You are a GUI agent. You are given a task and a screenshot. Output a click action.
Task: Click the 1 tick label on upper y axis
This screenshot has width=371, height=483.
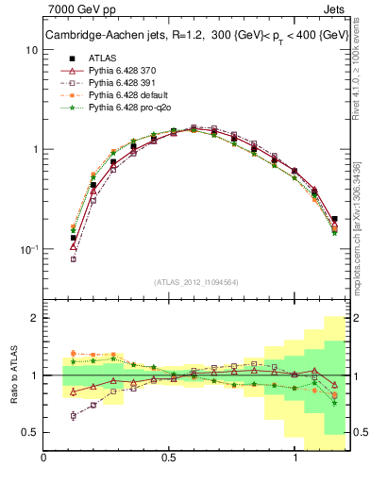(x=36, y=150)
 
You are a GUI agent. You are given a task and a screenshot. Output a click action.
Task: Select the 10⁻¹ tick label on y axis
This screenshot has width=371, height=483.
(x=30, y=250)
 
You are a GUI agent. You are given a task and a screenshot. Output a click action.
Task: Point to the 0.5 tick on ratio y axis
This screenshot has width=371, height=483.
(x=31, y=432)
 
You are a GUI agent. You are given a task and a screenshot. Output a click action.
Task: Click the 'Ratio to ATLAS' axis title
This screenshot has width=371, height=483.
(x=13, y=375)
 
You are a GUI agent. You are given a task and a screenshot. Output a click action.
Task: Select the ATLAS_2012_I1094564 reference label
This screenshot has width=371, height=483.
(x=195, y=281)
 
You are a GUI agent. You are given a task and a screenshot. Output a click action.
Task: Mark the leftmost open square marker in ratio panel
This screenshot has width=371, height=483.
(x=74, y=416)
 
